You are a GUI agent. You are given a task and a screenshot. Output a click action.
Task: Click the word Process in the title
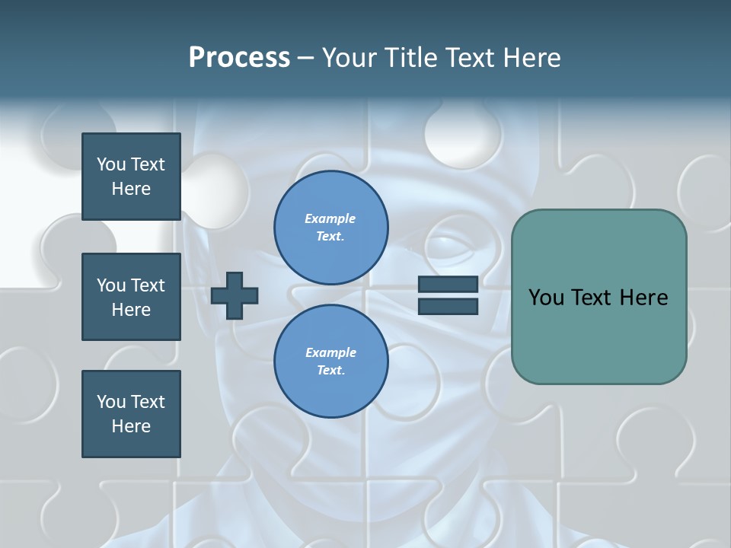(239, 58)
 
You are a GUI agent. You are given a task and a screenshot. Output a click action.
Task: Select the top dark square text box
(131, 177)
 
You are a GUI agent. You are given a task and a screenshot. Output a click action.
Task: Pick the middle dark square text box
(131, 297)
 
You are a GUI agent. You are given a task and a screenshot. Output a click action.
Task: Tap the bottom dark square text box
(131, 414)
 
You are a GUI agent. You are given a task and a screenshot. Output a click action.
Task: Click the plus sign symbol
(235, 295)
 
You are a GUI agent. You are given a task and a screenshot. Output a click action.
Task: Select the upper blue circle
(330, 228)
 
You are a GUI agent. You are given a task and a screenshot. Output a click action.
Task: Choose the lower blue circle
(330, 362)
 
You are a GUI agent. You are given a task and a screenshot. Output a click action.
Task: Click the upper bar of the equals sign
(448, 285)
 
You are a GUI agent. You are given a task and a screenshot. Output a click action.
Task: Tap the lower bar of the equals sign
(448, 307)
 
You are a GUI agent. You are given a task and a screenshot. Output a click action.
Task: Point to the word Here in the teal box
(643, 298)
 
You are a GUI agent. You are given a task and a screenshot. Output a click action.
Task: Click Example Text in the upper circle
(330, 228)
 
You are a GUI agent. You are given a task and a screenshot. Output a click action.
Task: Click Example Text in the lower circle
(330, 362)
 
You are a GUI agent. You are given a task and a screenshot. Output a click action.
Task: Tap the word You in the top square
(110, 164)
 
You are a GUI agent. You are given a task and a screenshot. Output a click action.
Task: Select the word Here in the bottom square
(131, 426)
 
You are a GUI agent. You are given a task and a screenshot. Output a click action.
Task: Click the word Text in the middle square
(147, 285)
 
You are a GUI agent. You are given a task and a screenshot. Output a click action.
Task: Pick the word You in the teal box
(546, 298)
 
